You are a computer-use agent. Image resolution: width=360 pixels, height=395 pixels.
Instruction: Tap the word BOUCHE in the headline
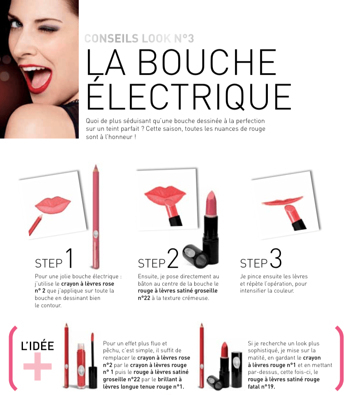(207, 62)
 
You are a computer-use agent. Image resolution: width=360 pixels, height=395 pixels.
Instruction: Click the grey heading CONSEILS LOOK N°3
(139, 39)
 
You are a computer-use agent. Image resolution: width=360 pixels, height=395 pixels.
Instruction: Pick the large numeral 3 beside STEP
(276, 258)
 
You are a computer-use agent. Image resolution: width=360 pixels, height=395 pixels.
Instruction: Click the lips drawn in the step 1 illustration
(53, 205)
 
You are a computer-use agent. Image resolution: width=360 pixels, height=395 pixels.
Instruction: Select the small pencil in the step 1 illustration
(35, 225)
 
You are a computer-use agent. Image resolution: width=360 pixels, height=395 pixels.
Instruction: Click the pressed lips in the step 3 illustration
(282, 201)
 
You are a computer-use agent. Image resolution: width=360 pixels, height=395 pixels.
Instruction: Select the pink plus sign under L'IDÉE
(37, 366)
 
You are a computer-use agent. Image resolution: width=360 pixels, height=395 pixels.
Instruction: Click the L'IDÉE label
(37, 346)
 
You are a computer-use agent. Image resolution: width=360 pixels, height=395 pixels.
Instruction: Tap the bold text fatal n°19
(261, 386)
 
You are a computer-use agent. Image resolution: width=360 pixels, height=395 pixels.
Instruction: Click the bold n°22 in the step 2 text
(144, 298)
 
